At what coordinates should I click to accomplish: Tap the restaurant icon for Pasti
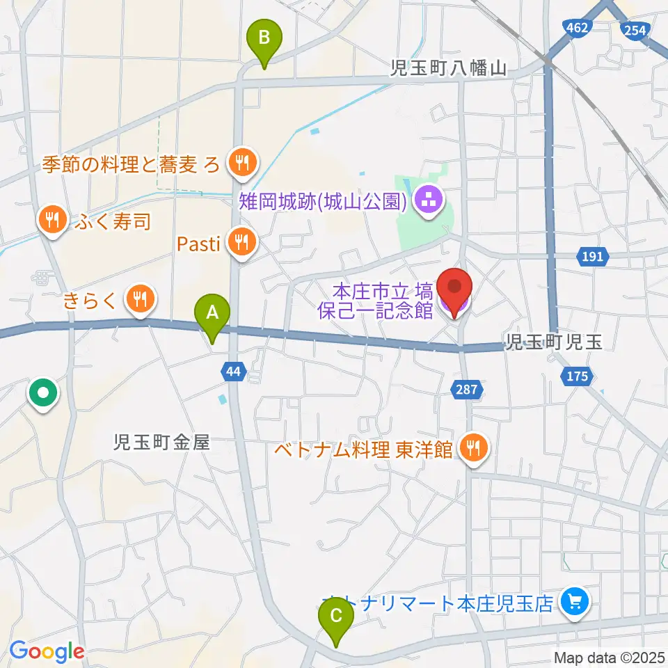[242, 243]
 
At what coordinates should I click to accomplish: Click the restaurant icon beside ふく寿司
[51, 221]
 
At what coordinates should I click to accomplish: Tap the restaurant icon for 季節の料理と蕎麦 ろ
[242, 164]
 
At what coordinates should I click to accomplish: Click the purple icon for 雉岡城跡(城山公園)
[426, 202]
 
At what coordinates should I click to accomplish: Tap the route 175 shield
[577, 376]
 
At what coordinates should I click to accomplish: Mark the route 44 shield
[233, 372]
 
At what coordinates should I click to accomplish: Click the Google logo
[47, 651]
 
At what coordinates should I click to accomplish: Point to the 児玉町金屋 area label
[164, 442]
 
